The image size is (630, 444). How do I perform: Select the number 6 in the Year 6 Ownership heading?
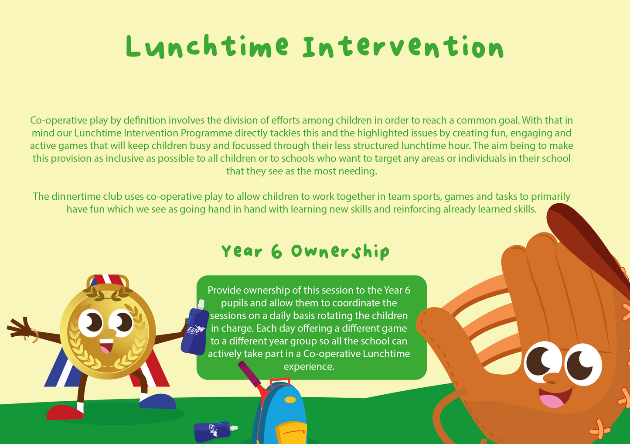[276, 252]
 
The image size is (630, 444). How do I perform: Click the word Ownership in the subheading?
[340, 252]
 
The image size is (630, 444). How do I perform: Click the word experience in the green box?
[308, 366]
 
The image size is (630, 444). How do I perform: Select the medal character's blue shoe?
[158, 401]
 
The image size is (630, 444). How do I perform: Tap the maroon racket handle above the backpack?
[248, 372]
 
